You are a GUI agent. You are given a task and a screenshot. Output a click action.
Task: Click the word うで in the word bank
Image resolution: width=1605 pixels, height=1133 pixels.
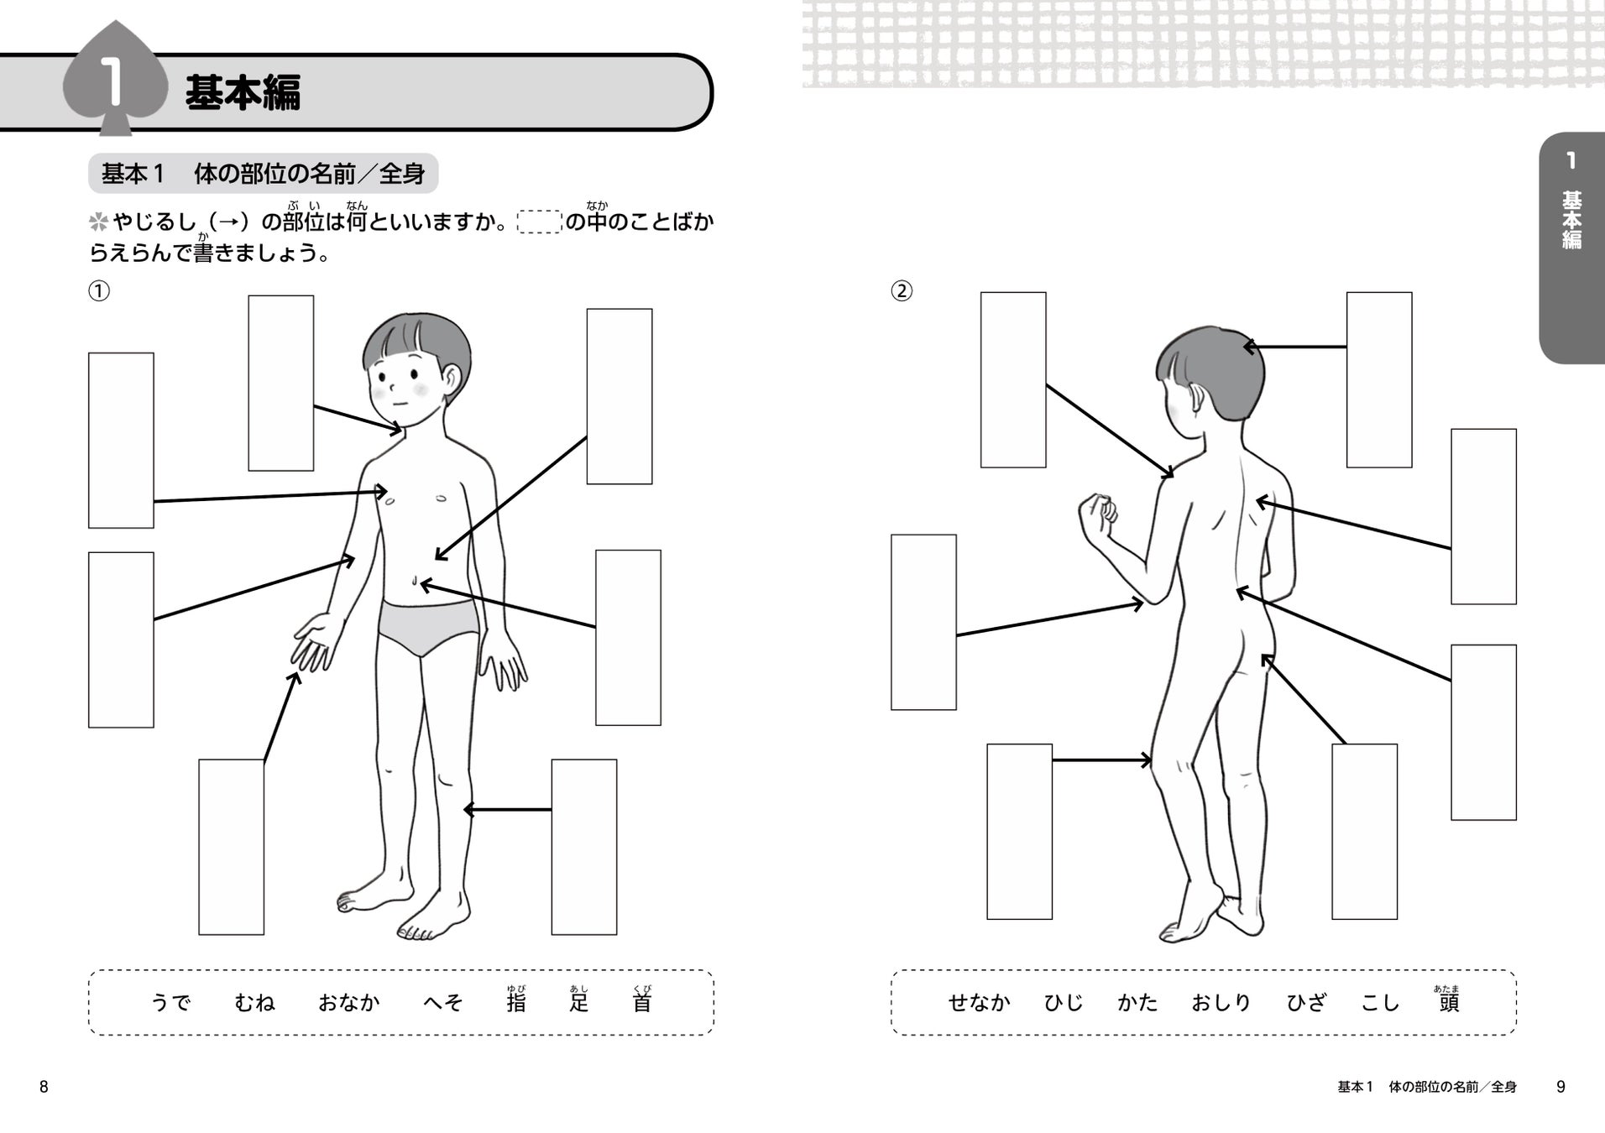pos(170,1002)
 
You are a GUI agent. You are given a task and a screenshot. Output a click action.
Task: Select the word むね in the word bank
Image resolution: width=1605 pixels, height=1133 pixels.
pos(254,1002)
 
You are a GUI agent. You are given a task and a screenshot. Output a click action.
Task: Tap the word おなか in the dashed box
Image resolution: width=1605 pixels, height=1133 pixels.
pos(349,1002)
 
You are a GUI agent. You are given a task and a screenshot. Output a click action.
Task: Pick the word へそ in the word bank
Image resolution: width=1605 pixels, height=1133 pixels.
pos(442,1002)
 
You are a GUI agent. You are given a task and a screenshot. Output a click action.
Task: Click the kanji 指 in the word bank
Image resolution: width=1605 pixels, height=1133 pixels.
pos(516,1003)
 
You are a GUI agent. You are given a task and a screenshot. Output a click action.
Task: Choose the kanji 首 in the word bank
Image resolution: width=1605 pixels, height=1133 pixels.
pos(642,1003)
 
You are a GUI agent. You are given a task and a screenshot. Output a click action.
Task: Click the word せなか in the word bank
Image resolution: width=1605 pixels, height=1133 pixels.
pos(979,1002)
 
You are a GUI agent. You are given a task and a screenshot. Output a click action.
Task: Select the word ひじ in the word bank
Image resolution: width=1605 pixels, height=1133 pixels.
pos(1064,1002)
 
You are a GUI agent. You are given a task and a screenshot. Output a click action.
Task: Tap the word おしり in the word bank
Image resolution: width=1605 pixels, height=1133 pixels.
pos(1221,1002)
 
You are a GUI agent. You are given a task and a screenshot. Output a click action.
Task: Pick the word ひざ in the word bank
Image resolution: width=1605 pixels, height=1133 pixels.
pos(1306,1002)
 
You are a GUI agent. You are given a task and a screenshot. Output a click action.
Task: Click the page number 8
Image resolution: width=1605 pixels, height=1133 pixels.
pos(44,1087)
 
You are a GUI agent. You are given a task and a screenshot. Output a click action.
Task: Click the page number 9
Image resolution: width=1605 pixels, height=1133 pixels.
pos(1561,1087)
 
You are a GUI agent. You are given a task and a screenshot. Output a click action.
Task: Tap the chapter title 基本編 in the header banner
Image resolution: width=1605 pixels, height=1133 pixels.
pos(243,92)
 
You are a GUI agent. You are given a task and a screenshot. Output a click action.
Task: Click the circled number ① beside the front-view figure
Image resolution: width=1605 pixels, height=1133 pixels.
pos(99,291)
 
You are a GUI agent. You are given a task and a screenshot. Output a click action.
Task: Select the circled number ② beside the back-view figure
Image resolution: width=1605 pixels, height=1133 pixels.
pos(902,291)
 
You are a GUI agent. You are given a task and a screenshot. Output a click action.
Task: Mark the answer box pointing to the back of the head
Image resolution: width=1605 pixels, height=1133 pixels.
pos(1378,379)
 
